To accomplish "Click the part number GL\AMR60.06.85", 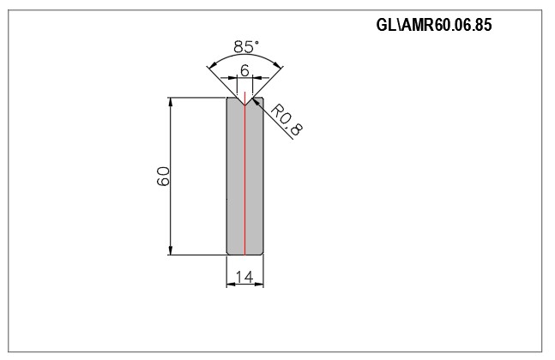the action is point(434,25).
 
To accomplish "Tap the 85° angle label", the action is point(246,46).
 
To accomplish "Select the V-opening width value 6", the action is point(244,71).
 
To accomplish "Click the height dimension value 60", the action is point(163,177).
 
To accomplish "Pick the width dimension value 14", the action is point(244,277).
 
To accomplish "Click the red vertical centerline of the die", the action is point(244,172).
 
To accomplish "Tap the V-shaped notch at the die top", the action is point(244,101).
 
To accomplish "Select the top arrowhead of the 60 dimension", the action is point(171,101).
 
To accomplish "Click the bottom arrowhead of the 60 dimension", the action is point(171,250).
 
